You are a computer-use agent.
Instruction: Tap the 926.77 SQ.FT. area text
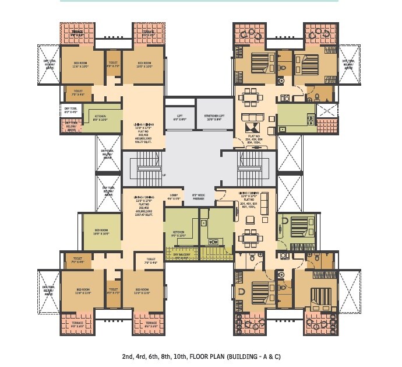point(143,141)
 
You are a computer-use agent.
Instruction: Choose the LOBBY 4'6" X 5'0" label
point(174,197)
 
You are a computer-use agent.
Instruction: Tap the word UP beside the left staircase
point(164,174)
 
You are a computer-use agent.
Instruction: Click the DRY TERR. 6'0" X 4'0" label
point(70,111)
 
